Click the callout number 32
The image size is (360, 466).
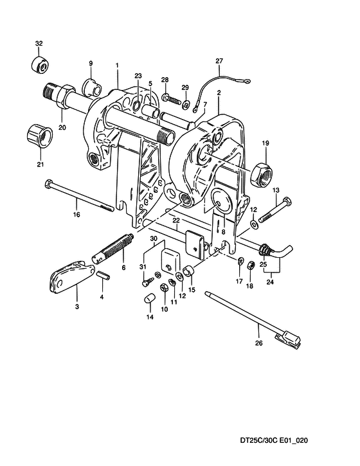click(x=39, y=44)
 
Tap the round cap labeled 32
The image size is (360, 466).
click(x=40, y=64)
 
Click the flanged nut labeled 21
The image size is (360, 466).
click(x=40, y=136)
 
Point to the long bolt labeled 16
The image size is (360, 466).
click(x=79, y=196)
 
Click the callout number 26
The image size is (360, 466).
click(x=259, y=343)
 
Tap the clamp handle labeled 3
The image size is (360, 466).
click(x=71, y=277)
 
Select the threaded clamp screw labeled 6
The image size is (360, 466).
click(x=113, y=248)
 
